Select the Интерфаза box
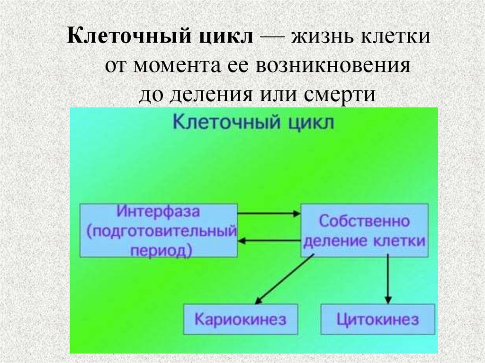pyautogui.click(x=159, y=230)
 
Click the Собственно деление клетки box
pyautogui.click(x=364, y=230)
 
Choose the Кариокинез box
pyautogui.click(x=241, y=319)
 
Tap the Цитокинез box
pyautogui.click(x=378, y=319)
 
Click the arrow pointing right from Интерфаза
pyautogui.click(x=269, y=213)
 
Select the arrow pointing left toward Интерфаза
pyautogui.click(x=269, y=241)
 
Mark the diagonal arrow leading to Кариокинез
pyautogui.click(x=284, y=279)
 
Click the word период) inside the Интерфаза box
pyautogui.click(x=159, y=249)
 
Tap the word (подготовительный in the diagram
pyautogui.click(x=159, y=231)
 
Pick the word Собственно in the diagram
pyautogui.click(x=364, y=221)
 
